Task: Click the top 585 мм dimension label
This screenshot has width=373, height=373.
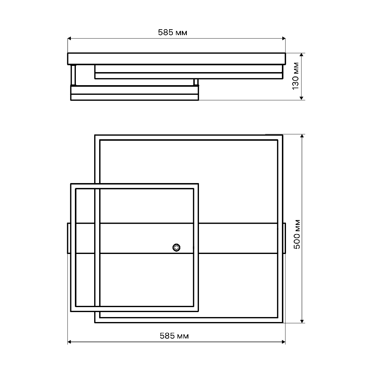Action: (x=173, y=33)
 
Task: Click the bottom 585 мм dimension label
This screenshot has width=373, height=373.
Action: (x=174, y=336)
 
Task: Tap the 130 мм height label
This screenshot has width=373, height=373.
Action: (x=295, y=76)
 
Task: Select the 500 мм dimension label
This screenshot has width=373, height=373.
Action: (x=297, y=234)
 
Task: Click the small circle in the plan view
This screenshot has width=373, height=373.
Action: (x=176, y=247)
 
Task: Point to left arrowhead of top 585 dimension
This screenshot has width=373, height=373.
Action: (x=69, y=38)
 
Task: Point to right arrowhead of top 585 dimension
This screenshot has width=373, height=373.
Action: (x=284, y=38)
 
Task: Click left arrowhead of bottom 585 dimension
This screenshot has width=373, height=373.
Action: (x=69, y=342)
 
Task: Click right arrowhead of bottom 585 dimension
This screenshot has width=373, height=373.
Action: (x=284, y=342)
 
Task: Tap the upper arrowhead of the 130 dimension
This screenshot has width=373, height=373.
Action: (x=302, y=55)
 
